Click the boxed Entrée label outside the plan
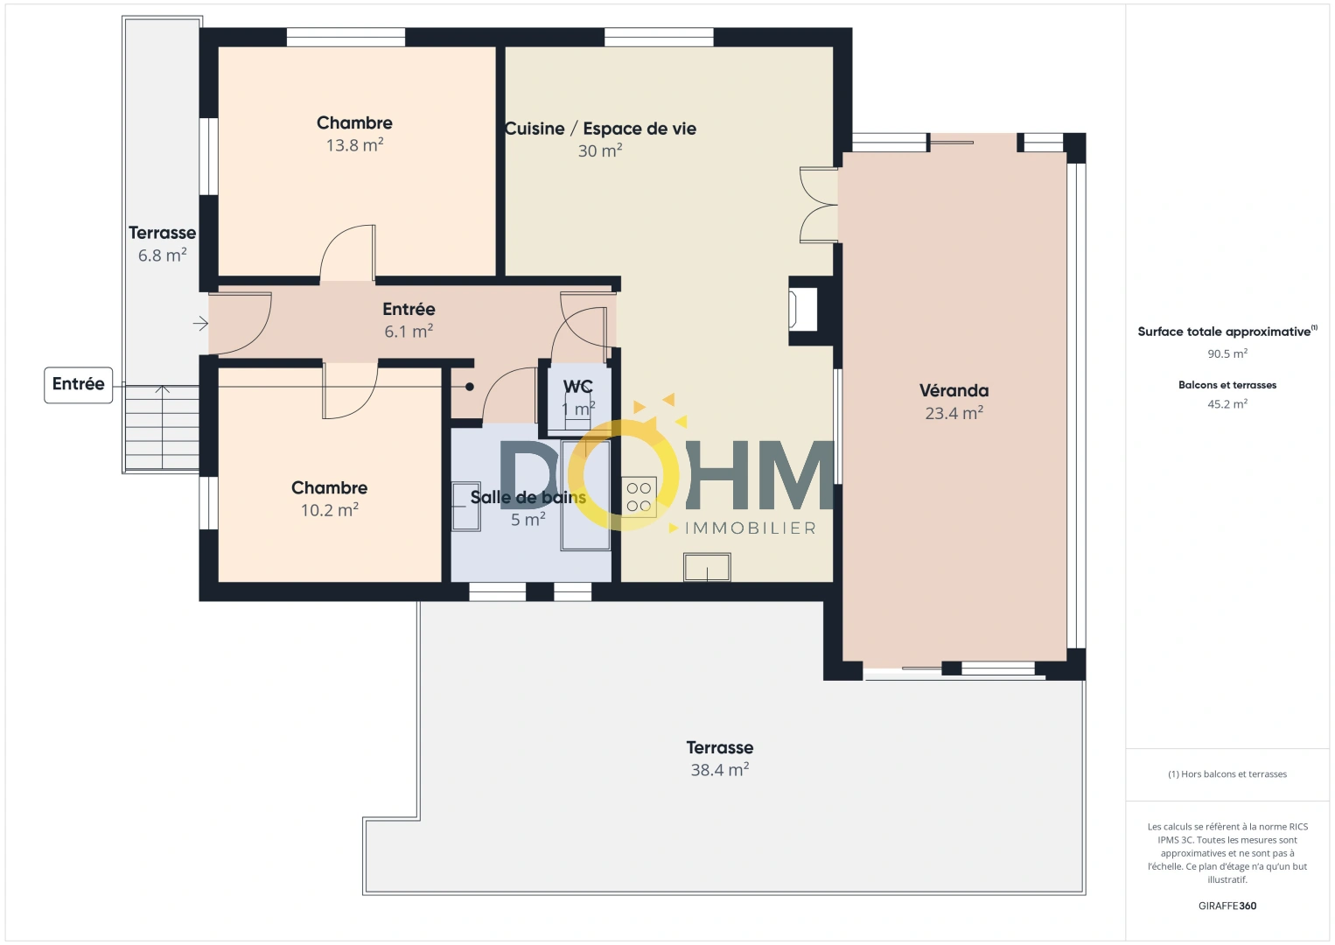point(78,384)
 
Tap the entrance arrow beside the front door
point(200,325)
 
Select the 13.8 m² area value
point(354,145)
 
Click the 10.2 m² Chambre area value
point(329,510)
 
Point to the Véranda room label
point(954,391)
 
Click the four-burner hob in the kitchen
point(639,497)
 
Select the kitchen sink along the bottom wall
point(707,567)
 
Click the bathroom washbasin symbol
point(465,507)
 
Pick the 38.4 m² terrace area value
point(719,770)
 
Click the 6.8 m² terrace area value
point(162,255)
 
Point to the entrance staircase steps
point(161,428)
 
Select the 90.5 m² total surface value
point(1227,354)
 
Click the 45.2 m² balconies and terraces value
point(1227,404)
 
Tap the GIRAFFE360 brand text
point(1227,906)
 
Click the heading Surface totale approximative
point(1225,332)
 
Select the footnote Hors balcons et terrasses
point(1227,774)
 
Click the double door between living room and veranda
point(820,205)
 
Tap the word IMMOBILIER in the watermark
point(750,528)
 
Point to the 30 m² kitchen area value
point(599,151)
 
